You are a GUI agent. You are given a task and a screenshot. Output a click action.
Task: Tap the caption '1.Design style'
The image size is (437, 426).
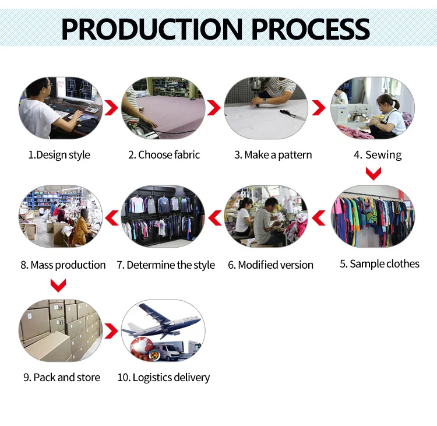[59, 155]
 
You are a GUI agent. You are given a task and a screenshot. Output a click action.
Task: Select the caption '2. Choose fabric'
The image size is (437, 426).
[164, 155]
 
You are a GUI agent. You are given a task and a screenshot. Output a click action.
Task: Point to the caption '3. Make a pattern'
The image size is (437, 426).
[273, 155]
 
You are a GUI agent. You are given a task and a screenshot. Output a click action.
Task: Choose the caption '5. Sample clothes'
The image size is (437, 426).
[379, 264]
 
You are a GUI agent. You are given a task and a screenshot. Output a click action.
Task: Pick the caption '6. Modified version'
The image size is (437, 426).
[270, 265]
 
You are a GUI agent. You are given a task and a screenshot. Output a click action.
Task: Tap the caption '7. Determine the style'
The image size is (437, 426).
[165, 265]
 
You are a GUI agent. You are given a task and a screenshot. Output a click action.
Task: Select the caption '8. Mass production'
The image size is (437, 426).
[63, 265]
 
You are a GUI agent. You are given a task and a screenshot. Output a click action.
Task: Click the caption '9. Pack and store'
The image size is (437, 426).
[61, 378]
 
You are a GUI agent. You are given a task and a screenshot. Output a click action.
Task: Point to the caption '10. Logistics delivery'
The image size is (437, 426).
[163, 378]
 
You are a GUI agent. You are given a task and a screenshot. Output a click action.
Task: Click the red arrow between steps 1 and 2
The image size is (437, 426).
[111, 108]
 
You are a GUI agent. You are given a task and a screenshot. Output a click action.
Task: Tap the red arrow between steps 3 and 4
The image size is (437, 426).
[318, 108]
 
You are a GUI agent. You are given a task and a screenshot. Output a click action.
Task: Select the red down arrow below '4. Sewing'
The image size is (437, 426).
[373, 173]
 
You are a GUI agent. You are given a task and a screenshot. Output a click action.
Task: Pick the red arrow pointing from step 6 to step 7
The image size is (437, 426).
[215, 218]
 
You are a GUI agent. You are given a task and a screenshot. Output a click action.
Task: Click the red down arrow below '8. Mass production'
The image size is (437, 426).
[58, 286]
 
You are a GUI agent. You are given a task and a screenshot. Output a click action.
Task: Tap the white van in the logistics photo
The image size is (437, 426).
[174, 349]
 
